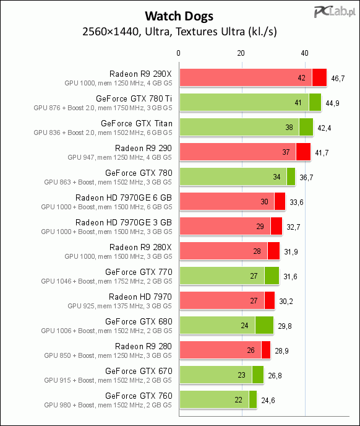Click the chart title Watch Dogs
(179, 16)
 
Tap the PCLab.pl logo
(335, 12)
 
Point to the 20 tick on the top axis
(241, 53)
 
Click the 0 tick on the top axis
(178, 53)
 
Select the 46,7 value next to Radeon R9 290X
(338, 79)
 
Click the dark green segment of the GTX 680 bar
(264, 325)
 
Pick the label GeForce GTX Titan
(137, 124)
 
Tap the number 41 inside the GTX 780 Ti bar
(298, 102)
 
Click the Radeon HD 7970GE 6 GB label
(124, 198)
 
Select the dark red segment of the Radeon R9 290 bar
(303, 152)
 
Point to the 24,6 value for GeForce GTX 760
(268, 401)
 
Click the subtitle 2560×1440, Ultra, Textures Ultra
(179, 32)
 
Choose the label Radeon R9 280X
(140, 248)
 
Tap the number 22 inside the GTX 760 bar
(238, 400)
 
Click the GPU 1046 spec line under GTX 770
(106, 281)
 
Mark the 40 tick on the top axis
(304, 53)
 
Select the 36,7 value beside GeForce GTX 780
(306, 178)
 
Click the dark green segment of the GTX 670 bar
(258, 375)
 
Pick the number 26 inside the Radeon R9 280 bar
(251, 350)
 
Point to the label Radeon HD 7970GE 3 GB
(124, 222)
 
